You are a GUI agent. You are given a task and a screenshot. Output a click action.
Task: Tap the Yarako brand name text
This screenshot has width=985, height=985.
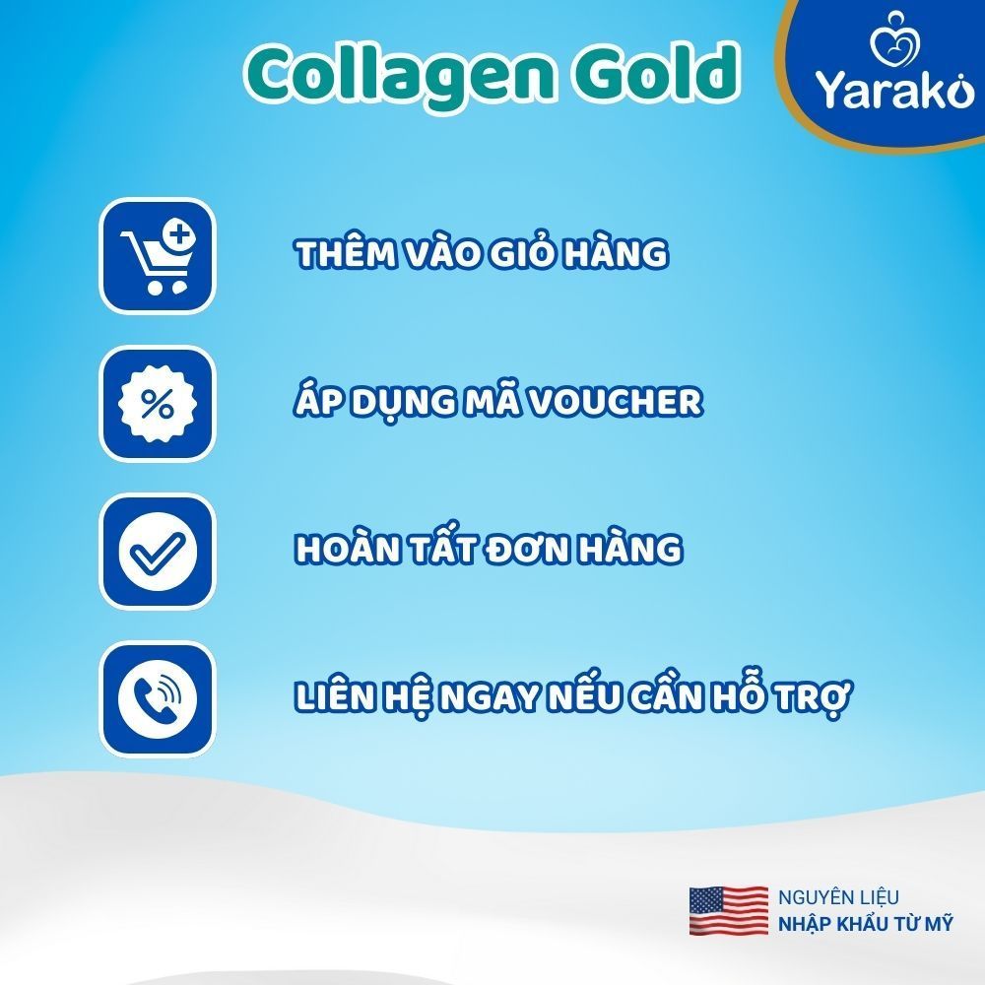(894, 90)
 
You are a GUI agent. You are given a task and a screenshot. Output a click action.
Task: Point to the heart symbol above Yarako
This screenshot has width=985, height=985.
(894, 39)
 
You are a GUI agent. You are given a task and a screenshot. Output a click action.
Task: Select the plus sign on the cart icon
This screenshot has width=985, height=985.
(179, 235)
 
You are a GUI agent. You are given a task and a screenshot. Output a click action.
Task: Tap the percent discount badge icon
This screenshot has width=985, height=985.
(158, 403)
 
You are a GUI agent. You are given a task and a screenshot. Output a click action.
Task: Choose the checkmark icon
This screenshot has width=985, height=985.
(158, 551)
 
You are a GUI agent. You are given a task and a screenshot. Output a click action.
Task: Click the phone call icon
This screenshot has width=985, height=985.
(158, 698)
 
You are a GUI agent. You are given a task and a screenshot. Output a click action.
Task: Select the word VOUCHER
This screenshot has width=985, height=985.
(615, 401)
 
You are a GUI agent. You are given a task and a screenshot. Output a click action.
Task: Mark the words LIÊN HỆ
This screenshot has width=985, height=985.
(363, 697)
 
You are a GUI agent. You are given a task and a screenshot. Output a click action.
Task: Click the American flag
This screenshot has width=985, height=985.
(729, 911)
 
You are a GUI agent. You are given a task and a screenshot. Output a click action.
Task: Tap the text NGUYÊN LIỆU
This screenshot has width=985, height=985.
(838, 897)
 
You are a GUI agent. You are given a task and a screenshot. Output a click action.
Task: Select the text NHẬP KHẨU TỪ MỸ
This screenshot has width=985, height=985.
(866, 924)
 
